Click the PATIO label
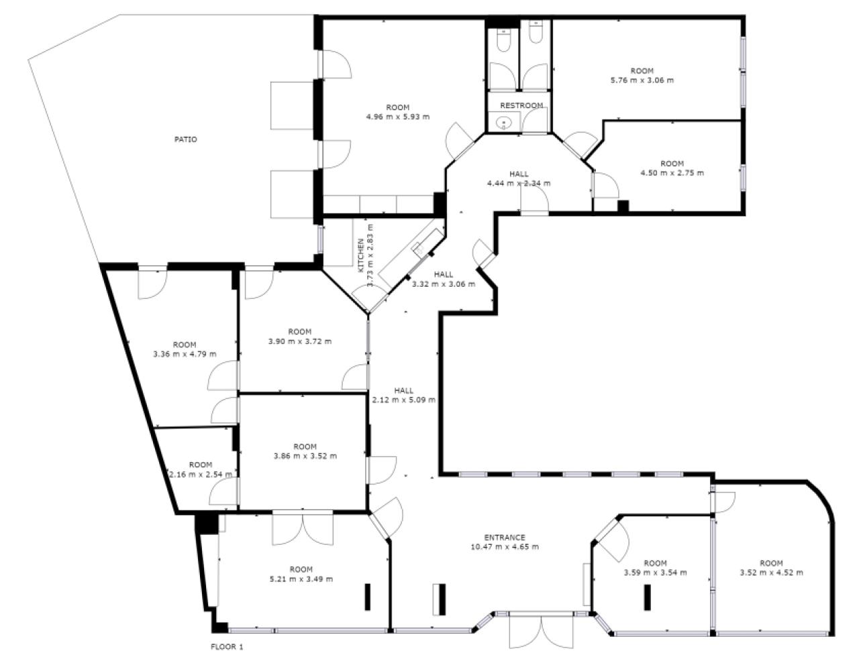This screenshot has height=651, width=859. (186, 140)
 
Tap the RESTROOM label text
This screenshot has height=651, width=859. (521, 105)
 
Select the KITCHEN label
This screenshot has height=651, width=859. (361, 255)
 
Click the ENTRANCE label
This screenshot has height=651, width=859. (505, 537)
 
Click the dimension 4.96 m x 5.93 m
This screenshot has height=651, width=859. (397, 117)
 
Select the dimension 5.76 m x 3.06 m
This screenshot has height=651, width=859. (642, 80)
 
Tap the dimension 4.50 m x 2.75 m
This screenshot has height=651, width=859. (672, 173)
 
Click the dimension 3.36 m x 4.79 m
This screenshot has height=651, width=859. (185, 354)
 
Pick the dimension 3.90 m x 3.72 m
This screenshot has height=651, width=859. (299, 341)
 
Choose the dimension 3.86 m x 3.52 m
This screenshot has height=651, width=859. (305, 456)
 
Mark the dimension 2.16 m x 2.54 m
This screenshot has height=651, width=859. (200, 474)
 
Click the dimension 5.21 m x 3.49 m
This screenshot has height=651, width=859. (301, 579)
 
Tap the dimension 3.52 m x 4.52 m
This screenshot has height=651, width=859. (771, 573)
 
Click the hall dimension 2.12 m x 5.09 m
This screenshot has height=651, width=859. (403, 400)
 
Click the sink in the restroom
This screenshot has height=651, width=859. (504, 122)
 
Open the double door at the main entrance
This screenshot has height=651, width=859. (542, 630)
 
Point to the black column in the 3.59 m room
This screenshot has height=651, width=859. (648, 597)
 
